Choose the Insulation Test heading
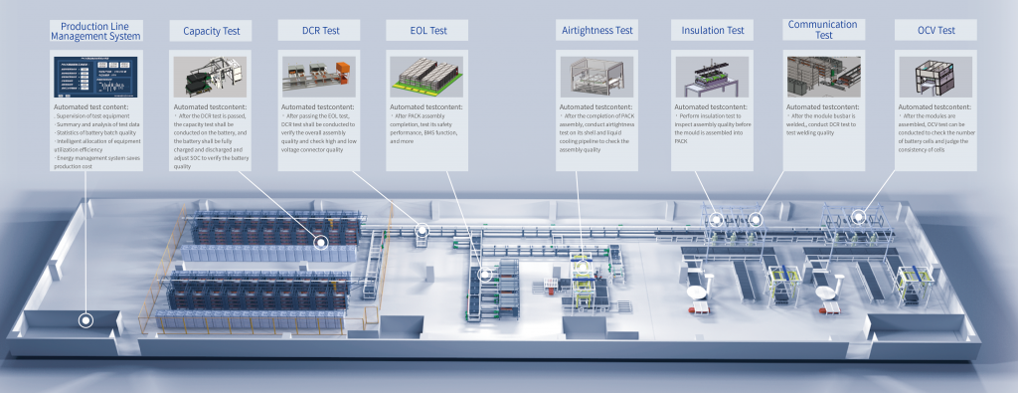coord(713,31)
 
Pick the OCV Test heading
coord(933,31)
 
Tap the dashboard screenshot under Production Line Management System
coord(95,77)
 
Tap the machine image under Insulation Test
coord(711,77)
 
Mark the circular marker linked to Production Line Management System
coord(86,320)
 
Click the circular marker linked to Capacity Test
coord(320,242)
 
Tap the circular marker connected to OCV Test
coord(857,215)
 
